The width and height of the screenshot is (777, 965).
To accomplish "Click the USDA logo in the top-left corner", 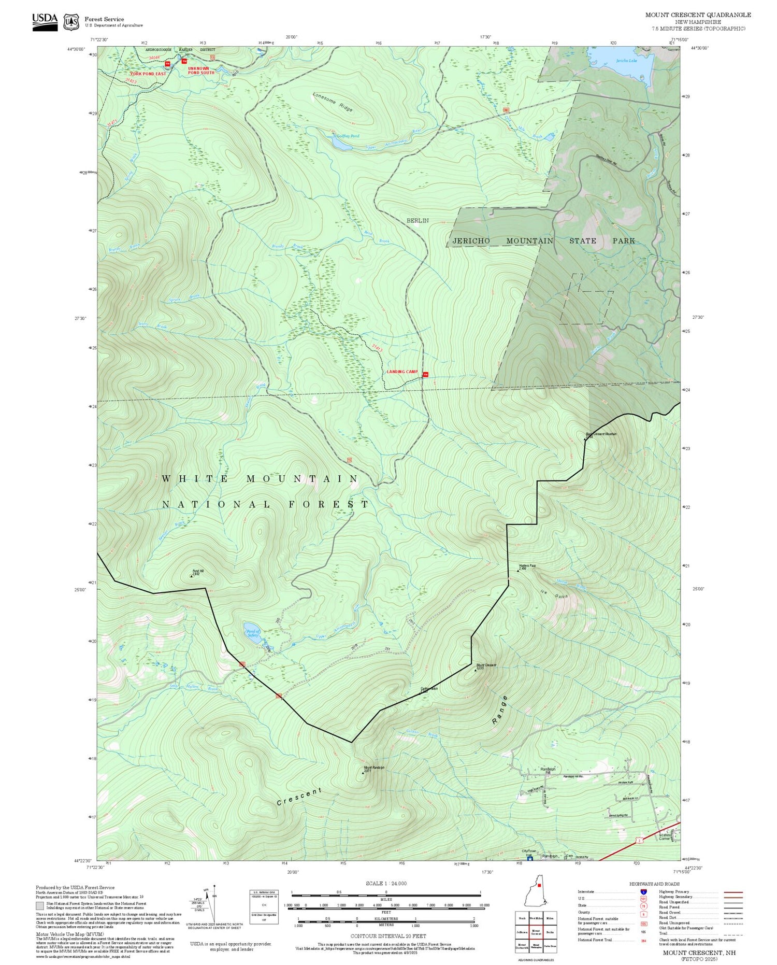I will coord(45,22).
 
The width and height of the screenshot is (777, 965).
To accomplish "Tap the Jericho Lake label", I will coord(626,61).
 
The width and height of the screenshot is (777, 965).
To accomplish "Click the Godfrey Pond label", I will coord(348,136).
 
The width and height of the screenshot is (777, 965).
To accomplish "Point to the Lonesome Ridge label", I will coord(333,102).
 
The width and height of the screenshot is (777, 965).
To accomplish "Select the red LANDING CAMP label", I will coord(402,372).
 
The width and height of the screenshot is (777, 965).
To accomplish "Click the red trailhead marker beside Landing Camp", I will coord(425,375).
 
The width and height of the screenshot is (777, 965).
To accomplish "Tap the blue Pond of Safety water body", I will coord(253,634).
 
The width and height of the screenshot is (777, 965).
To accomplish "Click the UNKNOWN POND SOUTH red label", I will coord(200,70).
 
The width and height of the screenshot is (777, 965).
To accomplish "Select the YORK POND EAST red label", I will coord(148,74).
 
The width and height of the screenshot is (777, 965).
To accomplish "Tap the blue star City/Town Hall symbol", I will coord(529,859).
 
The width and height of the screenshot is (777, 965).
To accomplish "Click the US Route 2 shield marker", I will coord(640,841).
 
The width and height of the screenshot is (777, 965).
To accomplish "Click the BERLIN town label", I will coord(418,221).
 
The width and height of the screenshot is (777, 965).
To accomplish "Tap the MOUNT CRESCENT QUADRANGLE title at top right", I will coord(698,15).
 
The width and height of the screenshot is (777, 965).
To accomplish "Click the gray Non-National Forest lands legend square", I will coord(40,906).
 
